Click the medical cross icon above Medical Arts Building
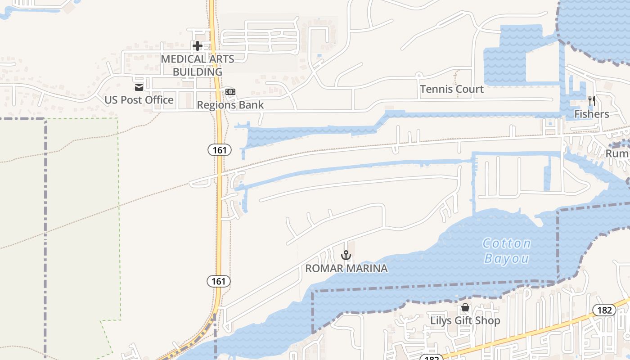pos(197,45)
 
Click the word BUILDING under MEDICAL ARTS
pos(198,72)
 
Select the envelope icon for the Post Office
pos(139,87)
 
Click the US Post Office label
pos(139,100)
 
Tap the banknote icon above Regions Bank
pos(230,92)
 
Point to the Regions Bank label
pos(230,105)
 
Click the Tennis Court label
pos(452,89)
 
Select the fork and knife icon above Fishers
pos(592,101)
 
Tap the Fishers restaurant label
pos(592,114)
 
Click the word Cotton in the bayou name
pos(507,244)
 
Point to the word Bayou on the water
pos(507,259)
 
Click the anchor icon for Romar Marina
pos(346,256)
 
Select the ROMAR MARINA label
pos(346,269)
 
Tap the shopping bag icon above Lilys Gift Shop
pos(465,308)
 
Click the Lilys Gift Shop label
pos(465,321)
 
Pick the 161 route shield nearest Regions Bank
pos(220,150)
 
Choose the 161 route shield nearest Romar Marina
pos(219,282)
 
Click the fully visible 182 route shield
pos(604,310)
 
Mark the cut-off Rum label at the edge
pos(617,154)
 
